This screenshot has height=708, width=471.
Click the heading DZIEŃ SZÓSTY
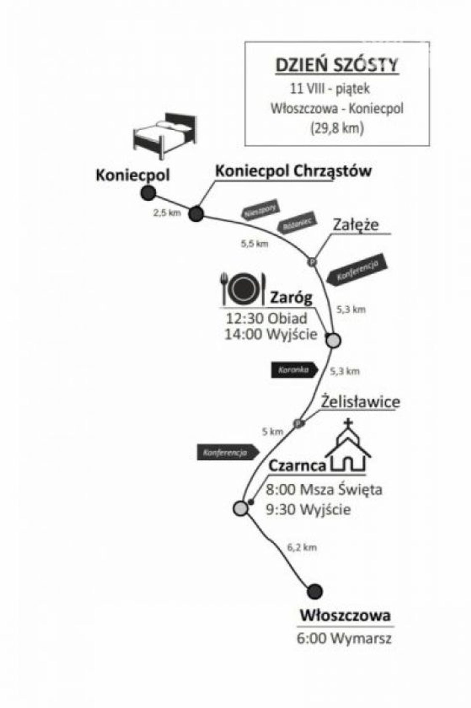337,65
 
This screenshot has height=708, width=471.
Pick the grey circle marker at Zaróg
333,341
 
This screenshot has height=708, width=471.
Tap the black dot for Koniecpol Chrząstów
196,214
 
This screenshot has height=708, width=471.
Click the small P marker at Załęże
312,262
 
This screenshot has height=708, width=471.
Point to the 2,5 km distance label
167,213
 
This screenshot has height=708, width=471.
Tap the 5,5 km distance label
254,244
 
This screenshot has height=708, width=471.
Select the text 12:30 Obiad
267,318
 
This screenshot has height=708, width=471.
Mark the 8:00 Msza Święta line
324,490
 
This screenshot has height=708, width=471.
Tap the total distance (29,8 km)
337,128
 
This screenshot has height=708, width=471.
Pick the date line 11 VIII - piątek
329,89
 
